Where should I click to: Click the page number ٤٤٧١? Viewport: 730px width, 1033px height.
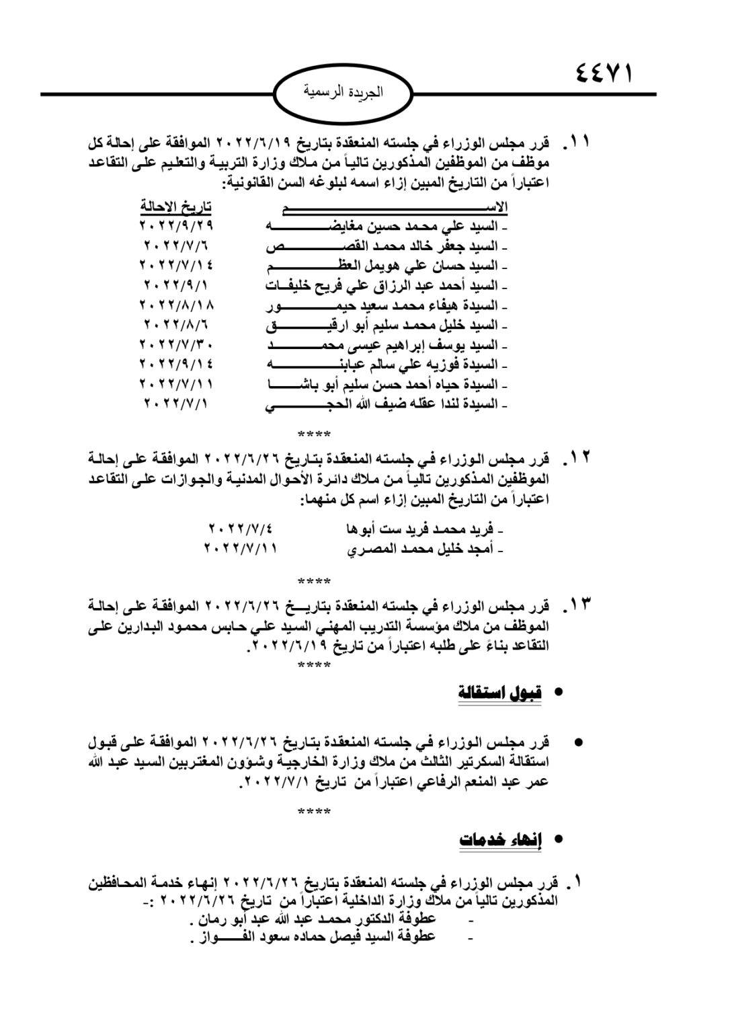pos(604,72)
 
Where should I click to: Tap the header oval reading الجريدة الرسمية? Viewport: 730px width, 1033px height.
pos(343,93)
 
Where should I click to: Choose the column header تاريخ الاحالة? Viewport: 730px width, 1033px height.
pos(175,206)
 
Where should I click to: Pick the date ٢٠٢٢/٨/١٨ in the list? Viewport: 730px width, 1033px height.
pos(176,305)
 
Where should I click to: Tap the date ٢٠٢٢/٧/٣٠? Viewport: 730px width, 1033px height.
pos(176,344)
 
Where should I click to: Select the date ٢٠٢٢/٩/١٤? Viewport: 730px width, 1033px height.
pos(176,365)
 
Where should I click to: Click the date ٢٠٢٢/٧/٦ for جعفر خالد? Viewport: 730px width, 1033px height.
pos(176,245)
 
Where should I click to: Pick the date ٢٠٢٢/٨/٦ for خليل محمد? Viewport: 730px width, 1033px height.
pos(176,325)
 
